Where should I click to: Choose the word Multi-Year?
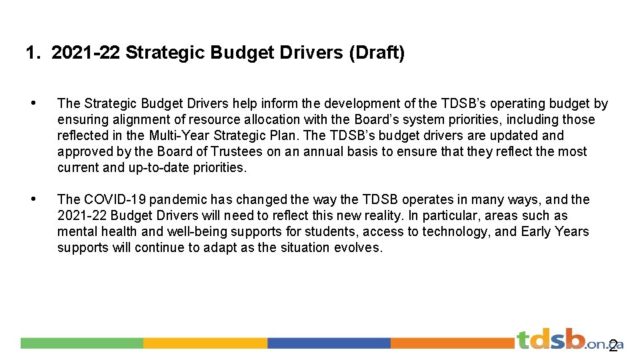pos(177,135)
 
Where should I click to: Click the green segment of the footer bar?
pos(81,343)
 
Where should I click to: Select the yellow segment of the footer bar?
pos(205,343)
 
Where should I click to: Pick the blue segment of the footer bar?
pos(329,343)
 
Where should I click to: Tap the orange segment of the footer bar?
pos(452,343)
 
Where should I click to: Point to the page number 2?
pos(613,347)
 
